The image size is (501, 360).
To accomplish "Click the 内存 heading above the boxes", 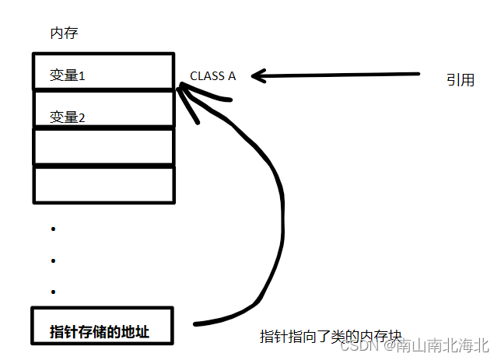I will (x=63, y=33).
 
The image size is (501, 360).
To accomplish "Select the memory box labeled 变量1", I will (x=103, y=72).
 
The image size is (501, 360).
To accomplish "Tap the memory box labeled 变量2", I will (x=103, y=109).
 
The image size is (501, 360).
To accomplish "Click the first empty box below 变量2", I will (x=103, y=146).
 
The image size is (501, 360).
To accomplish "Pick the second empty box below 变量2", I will (x=103, y=183).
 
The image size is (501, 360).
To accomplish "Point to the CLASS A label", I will (x=212, y=76).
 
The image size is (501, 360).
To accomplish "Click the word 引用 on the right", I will (x=460, y=79).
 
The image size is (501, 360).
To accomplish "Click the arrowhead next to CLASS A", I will (x=257, y=75).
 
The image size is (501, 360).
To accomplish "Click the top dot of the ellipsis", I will (x=53, y=229).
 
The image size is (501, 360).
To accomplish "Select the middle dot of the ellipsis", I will (x=53, y=260).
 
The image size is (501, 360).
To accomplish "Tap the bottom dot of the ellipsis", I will (x=53, y=292).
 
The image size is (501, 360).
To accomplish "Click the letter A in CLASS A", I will (x=231, y=76).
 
